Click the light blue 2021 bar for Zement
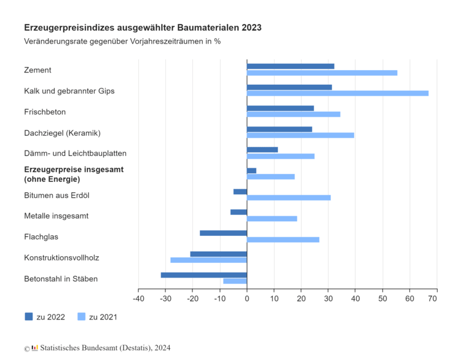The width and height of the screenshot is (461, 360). click(x=322, y=72)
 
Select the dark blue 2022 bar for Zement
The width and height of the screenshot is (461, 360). click(x=291, y=66)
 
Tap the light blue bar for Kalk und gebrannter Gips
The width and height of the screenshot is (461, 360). click(x=337, y=93)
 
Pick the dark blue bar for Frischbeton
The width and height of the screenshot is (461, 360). click(x=280, y=108)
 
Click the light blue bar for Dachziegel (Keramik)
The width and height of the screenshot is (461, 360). click(x=301, y=135)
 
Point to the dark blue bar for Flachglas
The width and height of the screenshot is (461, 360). click(x=223, y=233)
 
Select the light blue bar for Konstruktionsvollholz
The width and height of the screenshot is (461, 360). click(x=208, y=260)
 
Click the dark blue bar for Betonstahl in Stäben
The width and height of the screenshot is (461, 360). click(x=203, y=275)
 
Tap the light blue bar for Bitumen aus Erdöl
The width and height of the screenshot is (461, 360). click(x=289, y=198)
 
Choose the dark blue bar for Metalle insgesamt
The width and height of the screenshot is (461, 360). click(x=238, y=212)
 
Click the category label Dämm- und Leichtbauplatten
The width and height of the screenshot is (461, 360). click(x=75, y=153)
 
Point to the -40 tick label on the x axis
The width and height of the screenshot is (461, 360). click(x=138, y=299)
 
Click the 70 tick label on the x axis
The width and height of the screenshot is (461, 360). click(x=433, y=299)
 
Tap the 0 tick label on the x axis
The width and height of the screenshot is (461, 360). click(x=247, y=299)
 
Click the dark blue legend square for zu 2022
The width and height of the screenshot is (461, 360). click(x=29, y=316)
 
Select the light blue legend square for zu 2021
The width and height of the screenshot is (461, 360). click(x=81, y=316)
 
